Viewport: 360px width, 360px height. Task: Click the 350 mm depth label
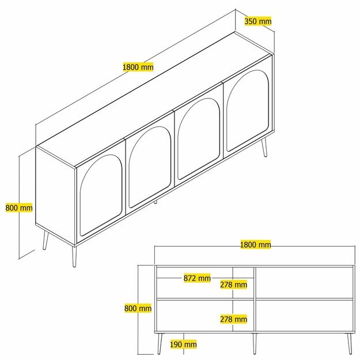pyautogui.click(x=258, y=21)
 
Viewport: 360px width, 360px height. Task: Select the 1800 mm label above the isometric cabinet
pyautogui.click(x=138, y=67)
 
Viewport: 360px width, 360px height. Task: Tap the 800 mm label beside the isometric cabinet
pyautogui.click(x=19, y=208)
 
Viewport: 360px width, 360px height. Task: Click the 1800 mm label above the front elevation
pyautogui.click(x=256, y=245)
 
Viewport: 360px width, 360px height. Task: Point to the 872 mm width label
pyautogui.click(x=197, y=278)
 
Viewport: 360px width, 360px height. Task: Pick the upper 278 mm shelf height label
pyautogui.click(x=233, y=285)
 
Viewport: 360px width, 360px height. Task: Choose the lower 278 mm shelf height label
pyautogui.click(x=233, y=319)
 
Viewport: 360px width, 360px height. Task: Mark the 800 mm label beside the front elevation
pyautogui.click(x=138, y=308)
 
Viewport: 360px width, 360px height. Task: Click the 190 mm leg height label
pyautogui.click(x=183, y=344)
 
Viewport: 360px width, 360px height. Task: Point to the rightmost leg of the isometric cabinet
pyautogui.click(x=264, y=147)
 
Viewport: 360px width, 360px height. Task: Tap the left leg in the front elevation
pyautogui.click(x=160, y=343)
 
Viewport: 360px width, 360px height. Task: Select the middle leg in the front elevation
pyautogui.click(x=255, y=343)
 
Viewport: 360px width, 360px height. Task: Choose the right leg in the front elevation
pyautogui.click(x=350, y=343)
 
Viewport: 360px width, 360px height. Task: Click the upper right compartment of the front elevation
pyautogui.click(x=304, y=283)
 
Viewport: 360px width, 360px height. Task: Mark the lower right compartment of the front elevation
pyautogui.click(x=304, y=316)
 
